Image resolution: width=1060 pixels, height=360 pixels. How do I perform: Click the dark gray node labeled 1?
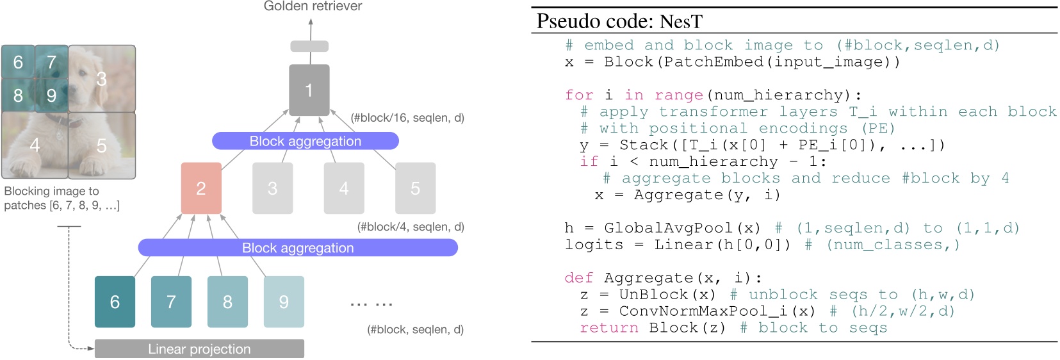pyautogui.click(x=309, y=90)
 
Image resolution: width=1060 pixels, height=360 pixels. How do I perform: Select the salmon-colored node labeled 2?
pyautogui.click(x=201, y=188)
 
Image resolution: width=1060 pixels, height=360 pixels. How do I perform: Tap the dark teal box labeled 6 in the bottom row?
pyautogui.click(x=115, y=302)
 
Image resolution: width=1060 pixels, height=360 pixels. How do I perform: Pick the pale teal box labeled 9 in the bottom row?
pyautogui.click(x=284, y=302)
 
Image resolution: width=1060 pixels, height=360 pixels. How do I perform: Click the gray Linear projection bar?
pyautogui.click(x=199, y=349)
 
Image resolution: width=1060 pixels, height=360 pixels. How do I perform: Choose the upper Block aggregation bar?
pyautogui.click(x=305, y=141)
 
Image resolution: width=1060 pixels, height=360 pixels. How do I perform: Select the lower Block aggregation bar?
pyautogui.click(x=298, y=248)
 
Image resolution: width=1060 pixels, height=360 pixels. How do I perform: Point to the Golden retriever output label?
pyautogui.click(x=313, y=6)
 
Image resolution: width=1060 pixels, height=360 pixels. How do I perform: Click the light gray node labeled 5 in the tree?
pyautogui.click(x=415, y=188)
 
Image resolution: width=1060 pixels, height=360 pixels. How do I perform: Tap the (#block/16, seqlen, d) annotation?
pyautogui.click(x=407, y=118)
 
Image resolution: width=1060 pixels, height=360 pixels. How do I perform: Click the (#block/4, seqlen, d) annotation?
pyautogui.click(x=411, y=227)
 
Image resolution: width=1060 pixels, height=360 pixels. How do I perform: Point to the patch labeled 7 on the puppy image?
pyautogui.click(x=51, y=62)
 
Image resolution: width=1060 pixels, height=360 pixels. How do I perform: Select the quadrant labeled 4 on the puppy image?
pyautogui.click(x=35, y=145)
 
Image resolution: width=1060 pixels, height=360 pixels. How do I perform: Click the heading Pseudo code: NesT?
pyautogui.click(x=619, y=21)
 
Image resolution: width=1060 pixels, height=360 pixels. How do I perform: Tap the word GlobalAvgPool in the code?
pyautogui.click(x=668, y=228)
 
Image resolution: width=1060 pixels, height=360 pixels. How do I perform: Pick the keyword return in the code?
pyautogui.click(x=608, y=328)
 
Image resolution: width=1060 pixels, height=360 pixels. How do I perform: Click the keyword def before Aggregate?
pyautogui.click(x=578, y=278)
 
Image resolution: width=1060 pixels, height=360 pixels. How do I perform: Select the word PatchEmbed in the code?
pyautogui.click(x=713, y=62)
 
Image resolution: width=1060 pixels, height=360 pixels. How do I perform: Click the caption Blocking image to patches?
pyautogui.click(x=61, y=198)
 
